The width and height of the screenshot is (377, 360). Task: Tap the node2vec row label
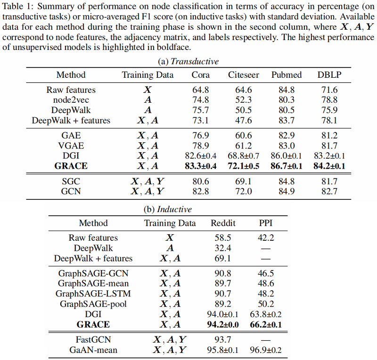pos(71,100)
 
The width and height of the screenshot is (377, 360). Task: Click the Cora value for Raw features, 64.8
pos(201,90)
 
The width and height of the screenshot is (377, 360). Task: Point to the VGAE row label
pos(71,145)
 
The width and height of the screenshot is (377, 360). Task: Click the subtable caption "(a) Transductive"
pos(188,61)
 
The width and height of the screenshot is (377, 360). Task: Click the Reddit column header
pos(222,223)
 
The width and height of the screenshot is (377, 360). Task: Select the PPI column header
pos(266,223)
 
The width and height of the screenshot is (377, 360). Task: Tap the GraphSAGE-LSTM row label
pos(93,294)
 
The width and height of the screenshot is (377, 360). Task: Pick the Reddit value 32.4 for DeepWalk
pos(222,248)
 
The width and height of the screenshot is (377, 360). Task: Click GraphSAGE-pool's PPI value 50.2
pos(266,304)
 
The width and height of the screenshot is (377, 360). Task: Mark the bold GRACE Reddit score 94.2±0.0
pos(222,324)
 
